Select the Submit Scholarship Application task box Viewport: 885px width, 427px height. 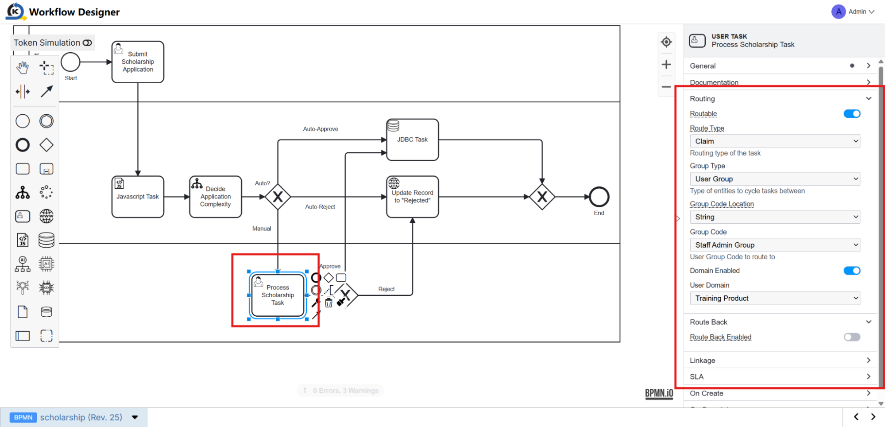[x=138, y=62]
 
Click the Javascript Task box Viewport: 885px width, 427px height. [x=138, y=197]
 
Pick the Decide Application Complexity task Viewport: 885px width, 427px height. [x=216, y=197]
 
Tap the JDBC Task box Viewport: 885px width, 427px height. [x=413, y=140]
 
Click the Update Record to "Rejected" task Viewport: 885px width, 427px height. [x=413, y=197]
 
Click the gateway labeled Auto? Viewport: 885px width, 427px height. [x=278, y=197]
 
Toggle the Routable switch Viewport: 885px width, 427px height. [x=852, y=114]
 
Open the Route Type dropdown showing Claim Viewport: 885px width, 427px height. [x=775, y=141]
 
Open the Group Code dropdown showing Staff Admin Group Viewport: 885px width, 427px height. [x=775, y=245]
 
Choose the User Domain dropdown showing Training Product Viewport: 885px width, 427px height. [x=775, y=298]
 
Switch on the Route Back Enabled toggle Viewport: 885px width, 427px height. [x=852, y=337]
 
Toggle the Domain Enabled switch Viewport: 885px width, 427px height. [x=852, y=271]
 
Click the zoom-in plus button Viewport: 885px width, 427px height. [x=666, y=64]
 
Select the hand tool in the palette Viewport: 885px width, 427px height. [x=23, y=68]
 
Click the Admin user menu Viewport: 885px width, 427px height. [x=853, y=12]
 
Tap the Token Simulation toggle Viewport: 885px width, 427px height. [x=87, y=43]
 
